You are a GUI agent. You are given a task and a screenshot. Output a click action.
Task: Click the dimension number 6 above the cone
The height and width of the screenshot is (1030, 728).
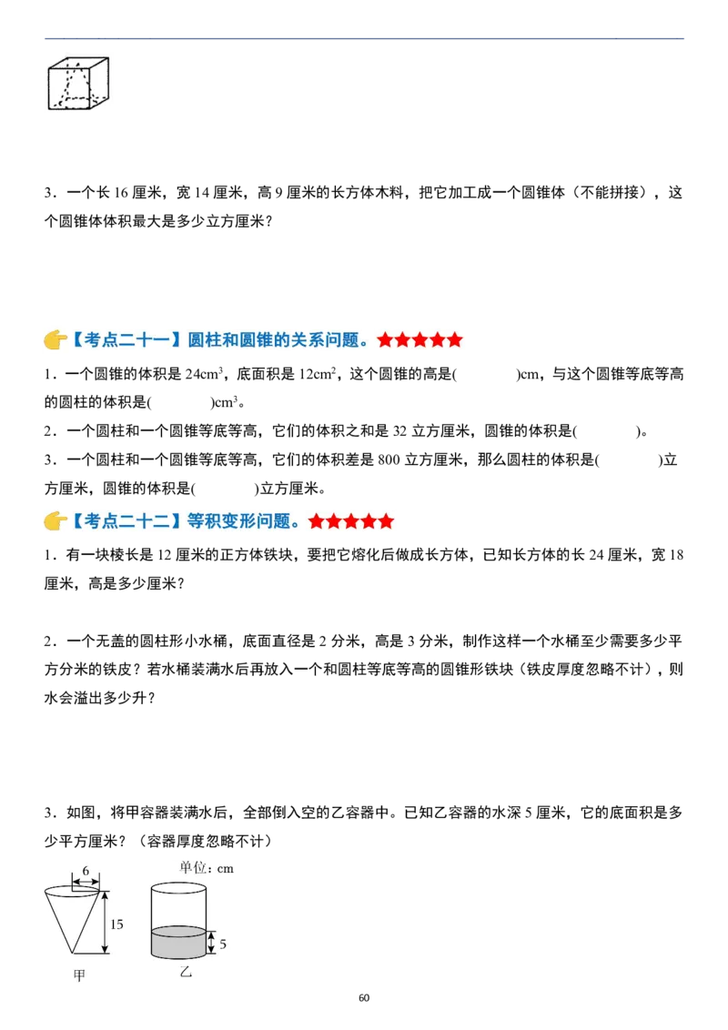coord(86,871)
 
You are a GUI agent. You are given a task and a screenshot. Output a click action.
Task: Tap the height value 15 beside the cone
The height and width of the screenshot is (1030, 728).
coord(116,924)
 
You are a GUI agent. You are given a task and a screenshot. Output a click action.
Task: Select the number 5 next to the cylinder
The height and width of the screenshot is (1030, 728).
coord(223,944)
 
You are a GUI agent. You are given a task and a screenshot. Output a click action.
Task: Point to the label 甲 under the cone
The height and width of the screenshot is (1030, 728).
coord(79,976)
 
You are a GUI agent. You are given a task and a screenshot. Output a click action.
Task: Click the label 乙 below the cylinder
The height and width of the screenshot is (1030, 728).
coord(186,972)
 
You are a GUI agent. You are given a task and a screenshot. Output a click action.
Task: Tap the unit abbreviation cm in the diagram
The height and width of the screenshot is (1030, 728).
coord(224,869)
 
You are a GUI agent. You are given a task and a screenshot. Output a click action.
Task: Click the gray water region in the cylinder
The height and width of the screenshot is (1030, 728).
coord(178,944)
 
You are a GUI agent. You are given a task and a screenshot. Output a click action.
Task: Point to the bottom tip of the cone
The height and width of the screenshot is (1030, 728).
coord(72,953)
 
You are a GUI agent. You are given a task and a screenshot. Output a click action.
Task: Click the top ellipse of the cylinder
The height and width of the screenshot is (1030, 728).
coord(178,889)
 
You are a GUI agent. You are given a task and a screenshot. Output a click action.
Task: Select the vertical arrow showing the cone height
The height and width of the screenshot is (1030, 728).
coord(104,922)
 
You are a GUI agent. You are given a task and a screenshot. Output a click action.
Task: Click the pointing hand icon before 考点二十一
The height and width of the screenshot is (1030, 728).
coord(55,340)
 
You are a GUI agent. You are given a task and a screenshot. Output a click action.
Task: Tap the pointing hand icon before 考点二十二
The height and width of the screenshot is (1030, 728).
coord(55,521)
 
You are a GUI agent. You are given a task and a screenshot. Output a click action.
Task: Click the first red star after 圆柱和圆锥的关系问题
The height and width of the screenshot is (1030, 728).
coord(385,340)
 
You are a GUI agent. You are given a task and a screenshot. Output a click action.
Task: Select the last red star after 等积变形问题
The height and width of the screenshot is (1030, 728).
coord(386,521)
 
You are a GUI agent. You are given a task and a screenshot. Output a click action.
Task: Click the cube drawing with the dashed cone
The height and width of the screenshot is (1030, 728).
coord(80,84)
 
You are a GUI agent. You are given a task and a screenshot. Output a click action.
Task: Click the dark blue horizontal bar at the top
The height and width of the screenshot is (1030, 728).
coord(368,40)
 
